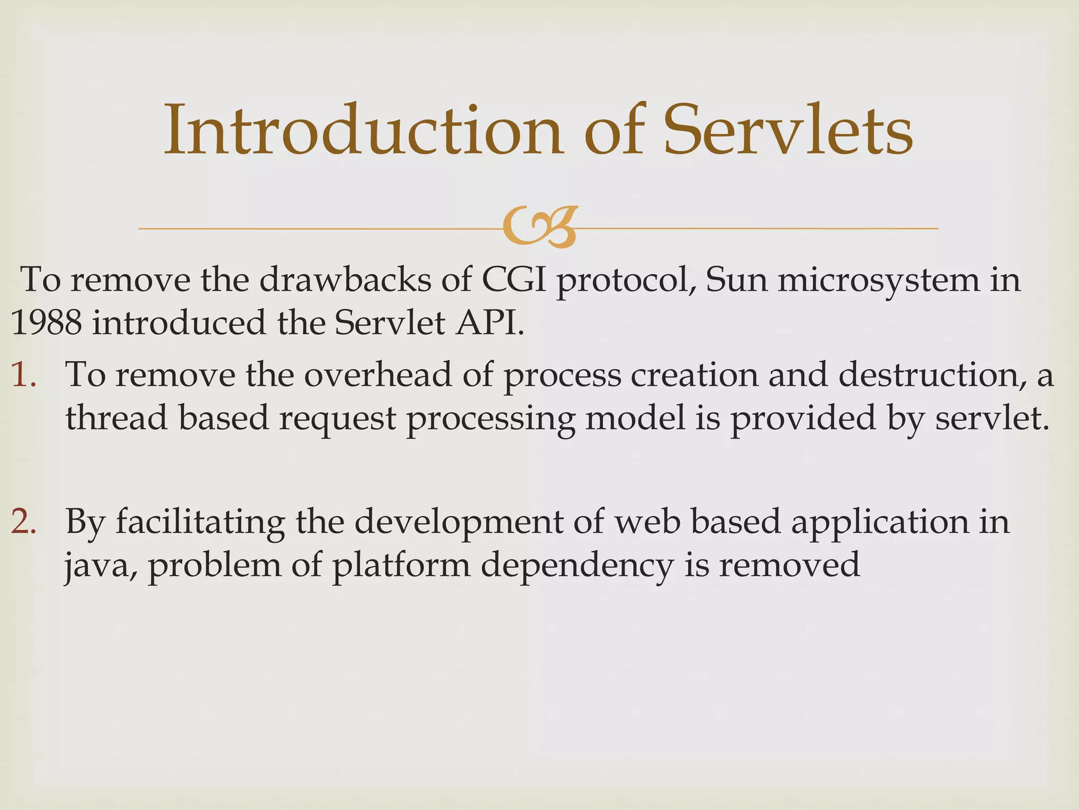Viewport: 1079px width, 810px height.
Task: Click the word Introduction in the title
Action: coord(364,130)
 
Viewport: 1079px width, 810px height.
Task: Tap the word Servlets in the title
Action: coord(787,130)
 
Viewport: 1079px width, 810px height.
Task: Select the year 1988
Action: coord(46,323)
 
